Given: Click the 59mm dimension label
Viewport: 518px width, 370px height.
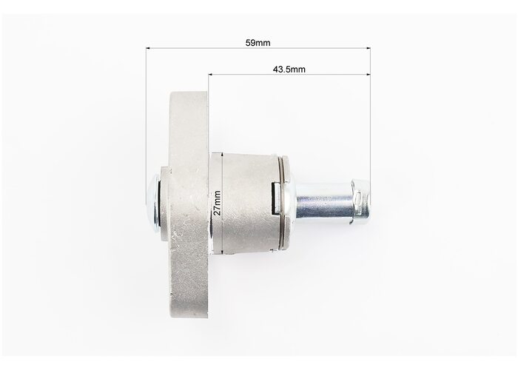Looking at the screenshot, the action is point(258,43).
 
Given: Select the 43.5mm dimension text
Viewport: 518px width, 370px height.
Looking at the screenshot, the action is point(289,70).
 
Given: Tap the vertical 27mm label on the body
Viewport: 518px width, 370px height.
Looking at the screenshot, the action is point(217,203).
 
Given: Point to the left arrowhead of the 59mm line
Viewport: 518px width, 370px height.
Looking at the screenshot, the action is point(148,48).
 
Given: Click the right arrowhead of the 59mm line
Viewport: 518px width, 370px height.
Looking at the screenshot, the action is point(368,48).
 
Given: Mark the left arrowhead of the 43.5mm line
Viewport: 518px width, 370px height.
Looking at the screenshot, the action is point(210,74).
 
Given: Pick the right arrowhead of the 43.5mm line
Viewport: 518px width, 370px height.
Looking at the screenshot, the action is point(368,74).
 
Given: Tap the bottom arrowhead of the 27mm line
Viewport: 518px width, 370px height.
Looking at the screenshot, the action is point(223,252).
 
